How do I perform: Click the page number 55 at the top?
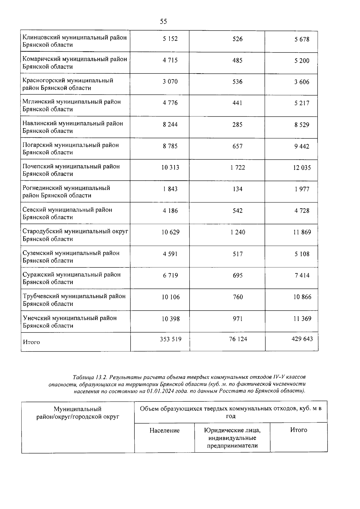coord(163,21)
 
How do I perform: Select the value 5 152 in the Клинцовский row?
coord(170,39)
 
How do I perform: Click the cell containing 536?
coord(237,82)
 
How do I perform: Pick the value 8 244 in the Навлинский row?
coord(170,125)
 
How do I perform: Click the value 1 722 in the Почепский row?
coord(238,167)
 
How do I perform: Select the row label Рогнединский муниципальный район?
coord(66,191)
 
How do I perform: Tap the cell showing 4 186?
coord(170,211)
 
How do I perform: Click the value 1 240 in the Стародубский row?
coord(238,232)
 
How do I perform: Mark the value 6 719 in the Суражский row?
coord(170,275)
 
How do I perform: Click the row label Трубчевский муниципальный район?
coord(74,300)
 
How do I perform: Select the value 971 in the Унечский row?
coord(237,318)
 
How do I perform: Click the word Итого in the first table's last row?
coord(31,342)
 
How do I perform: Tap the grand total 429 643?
coord(302,339)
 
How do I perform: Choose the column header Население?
coord(164,430)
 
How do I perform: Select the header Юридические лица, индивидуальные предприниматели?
coord(232,438)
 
